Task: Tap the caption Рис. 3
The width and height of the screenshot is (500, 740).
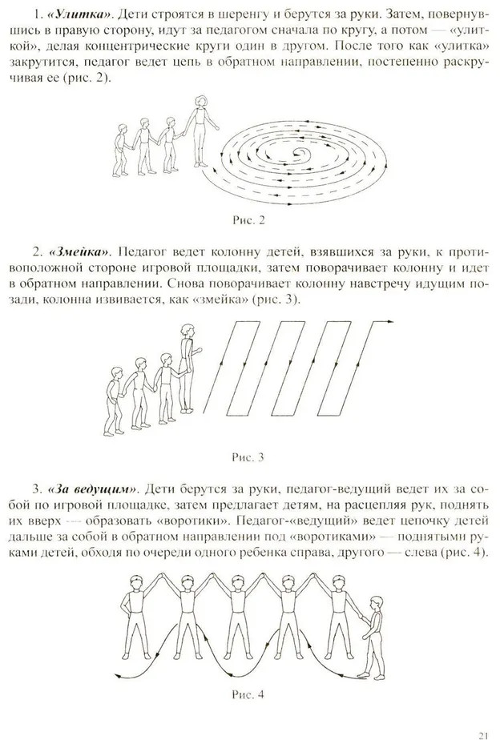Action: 251,458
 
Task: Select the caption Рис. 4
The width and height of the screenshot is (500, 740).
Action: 251,694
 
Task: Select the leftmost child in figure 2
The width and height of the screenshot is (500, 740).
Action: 122,149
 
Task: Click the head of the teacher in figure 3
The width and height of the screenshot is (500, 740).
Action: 187,331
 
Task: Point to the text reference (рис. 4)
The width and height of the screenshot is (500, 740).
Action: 463,554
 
